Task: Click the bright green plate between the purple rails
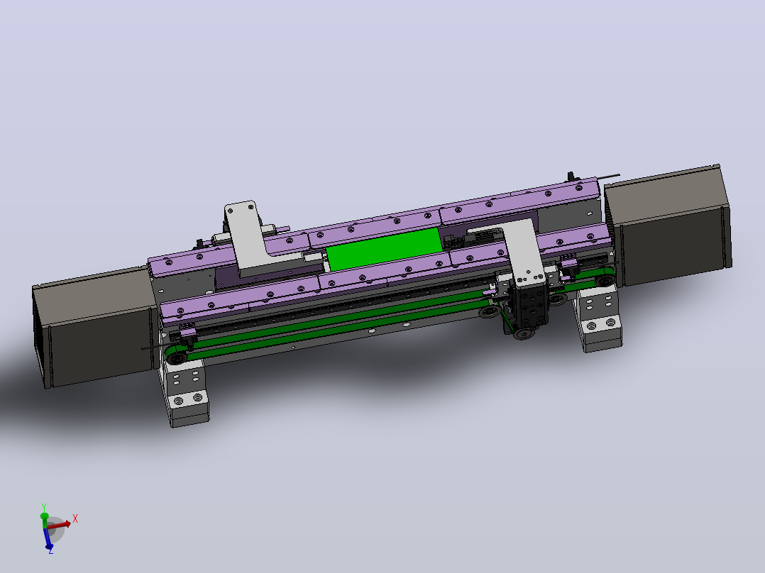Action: click(385, 249)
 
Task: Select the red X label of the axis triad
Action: click(75, 519)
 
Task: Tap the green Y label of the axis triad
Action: click(44, 507)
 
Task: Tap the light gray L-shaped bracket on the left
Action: click(254, 240)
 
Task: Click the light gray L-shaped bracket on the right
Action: click(522, 249)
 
